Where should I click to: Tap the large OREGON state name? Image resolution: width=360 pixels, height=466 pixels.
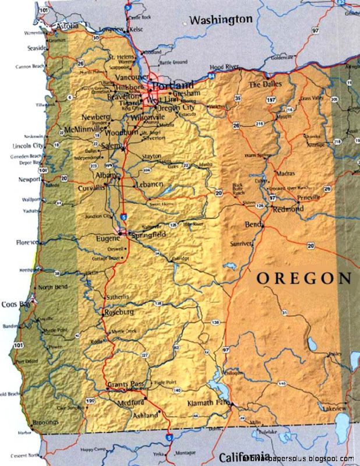(303, 278)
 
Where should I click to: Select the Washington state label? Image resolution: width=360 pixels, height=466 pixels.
(221, 20)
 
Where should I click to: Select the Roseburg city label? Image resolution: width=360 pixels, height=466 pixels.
(119, 313)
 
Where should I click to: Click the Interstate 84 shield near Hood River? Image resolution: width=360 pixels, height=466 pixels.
(210, 75)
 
